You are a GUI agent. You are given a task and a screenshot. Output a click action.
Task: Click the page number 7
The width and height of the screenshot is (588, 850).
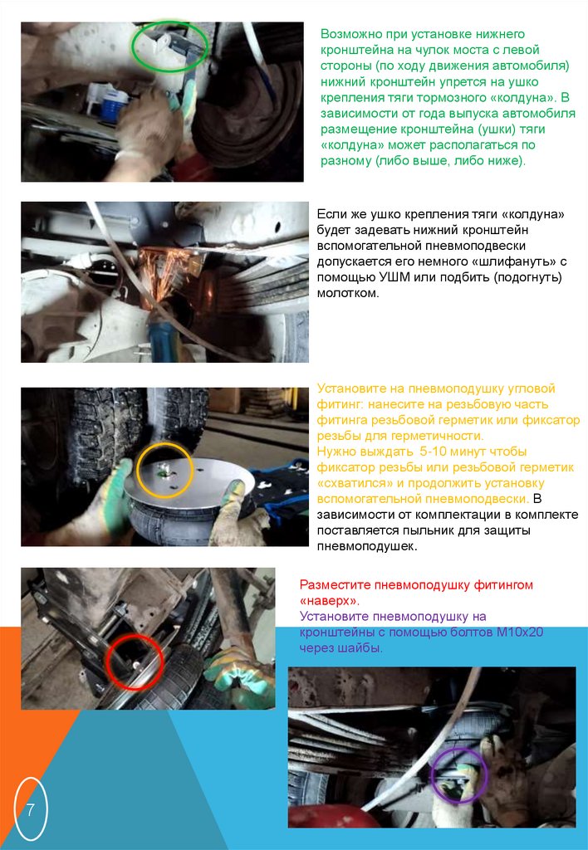pos(30,810)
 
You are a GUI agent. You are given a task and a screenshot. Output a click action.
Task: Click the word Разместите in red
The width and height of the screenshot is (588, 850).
pos(332,585)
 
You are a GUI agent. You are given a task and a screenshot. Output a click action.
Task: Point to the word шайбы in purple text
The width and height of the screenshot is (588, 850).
pos(365,647)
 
